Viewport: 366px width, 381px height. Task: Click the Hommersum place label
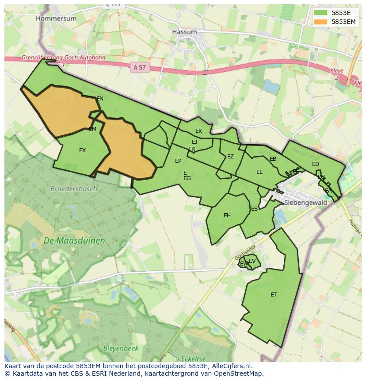coord(56,19)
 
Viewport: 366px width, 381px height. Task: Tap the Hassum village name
coord(184,32)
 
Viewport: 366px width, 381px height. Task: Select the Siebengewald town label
coord(306,203)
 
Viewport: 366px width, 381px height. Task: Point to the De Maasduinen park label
coord(74,241)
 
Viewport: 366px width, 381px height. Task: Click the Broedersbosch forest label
coord(73,189)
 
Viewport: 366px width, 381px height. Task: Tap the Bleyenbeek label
coord(121,348)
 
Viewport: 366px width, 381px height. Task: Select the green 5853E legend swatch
coord(320,13)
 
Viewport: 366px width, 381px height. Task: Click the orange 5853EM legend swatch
coord(320,21)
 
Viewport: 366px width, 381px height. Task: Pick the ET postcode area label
coord(274,295)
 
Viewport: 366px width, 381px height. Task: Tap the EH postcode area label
coord(227,216)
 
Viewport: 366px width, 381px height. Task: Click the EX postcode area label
coord(83,150)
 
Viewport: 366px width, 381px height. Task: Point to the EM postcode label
coord(92,130)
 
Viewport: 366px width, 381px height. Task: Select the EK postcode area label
coord(198,131)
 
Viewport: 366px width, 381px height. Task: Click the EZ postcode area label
coord(230,157)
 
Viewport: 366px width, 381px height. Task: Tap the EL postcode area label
coord(259,172)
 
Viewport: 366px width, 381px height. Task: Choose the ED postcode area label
coord(315,164)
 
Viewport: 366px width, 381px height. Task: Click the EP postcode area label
coord(178,161)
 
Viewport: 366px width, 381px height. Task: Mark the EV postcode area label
coord(252,261)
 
